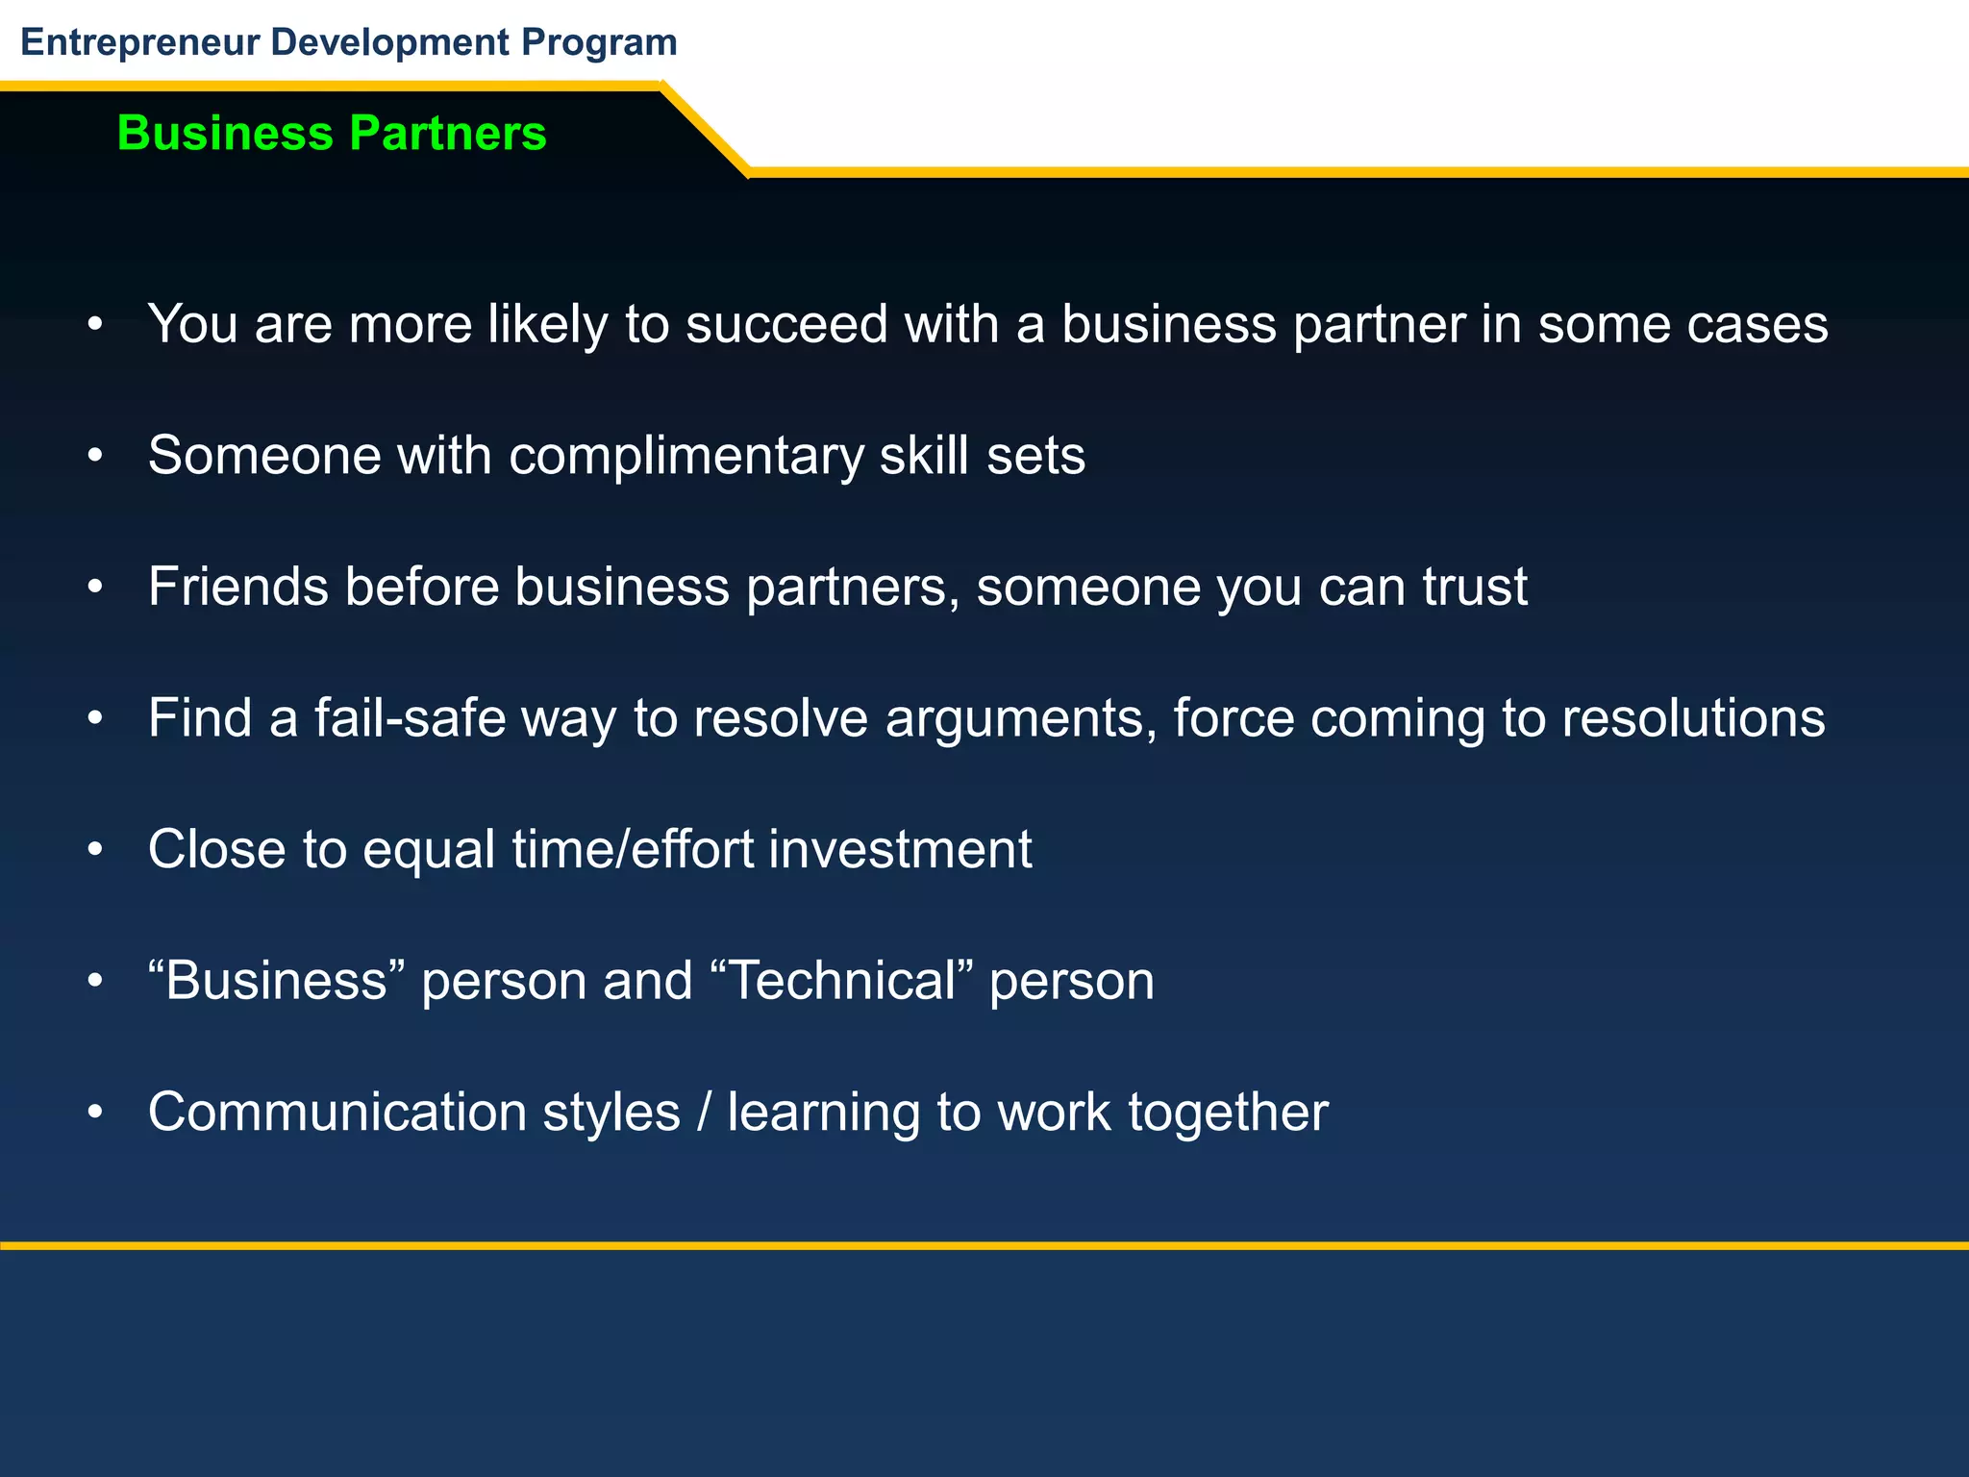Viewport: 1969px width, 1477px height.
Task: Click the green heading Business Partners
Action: (331, 133)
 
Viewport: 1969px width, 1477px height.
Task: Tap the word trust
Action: (1475, 587)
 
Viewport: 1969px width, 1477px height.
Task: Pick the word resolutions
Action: (1692, 718)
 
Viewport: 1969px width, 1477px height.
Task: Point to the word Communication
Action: (336, 1113)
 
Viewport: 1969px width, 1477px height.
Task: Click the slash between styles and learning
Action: (705, 1113)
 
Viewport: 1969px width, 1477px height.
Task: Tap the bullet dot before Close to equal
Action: (94, 850)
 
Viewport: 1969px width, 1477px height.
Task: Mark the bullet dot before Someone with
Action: (94, 456)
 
